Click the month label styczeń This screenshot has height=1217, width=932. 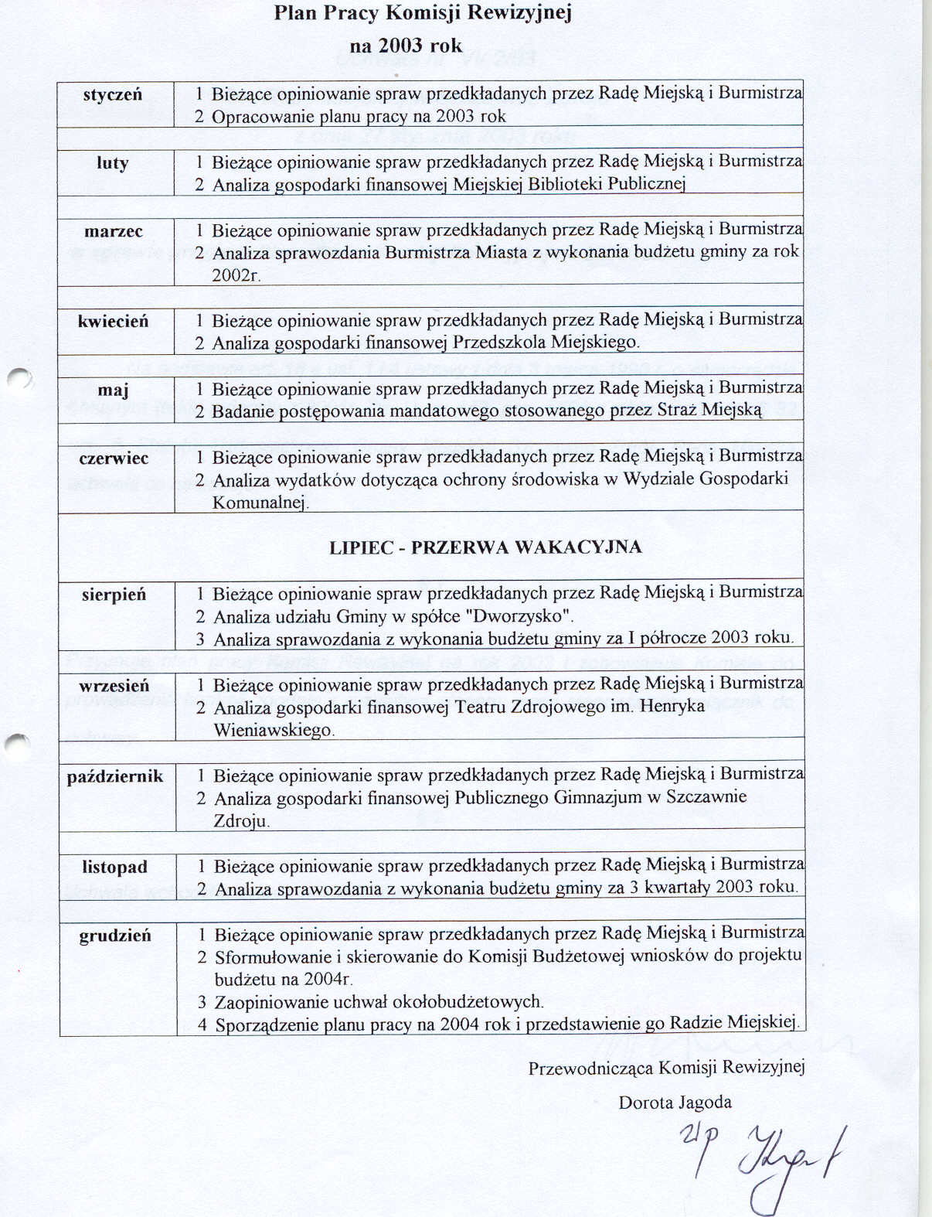[x=113, y=94]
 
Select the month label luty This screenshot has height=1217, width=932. [x=113, y=162]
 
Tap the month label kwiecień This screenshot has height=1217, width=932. [x=113, y=321]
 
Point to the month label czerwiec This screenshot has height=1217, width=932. [x=114, y=458]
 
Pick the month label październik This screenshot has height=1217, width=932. [x=115, y=776]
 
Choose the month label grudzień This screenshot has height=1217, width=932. [x=115, y=936]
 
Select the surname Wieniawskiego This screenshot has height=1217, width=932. [x=274, y=730]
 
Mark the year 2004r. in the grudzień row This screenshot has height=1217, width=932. [x=328, y=980]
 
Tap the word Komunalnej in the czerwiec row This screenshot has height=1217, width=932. [x=260, y=503]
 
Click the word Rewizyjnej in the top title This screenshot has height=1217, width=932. [x=526, y=13]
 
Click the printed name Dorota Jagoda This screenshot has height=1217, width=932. [x=675, y=1103]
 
